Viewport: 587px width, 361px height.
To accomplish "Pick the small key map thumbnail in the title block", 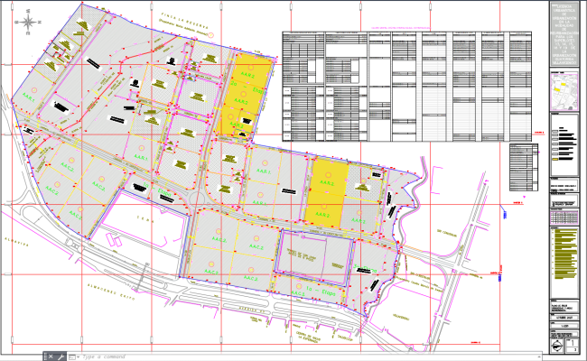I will coord(566,93).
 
